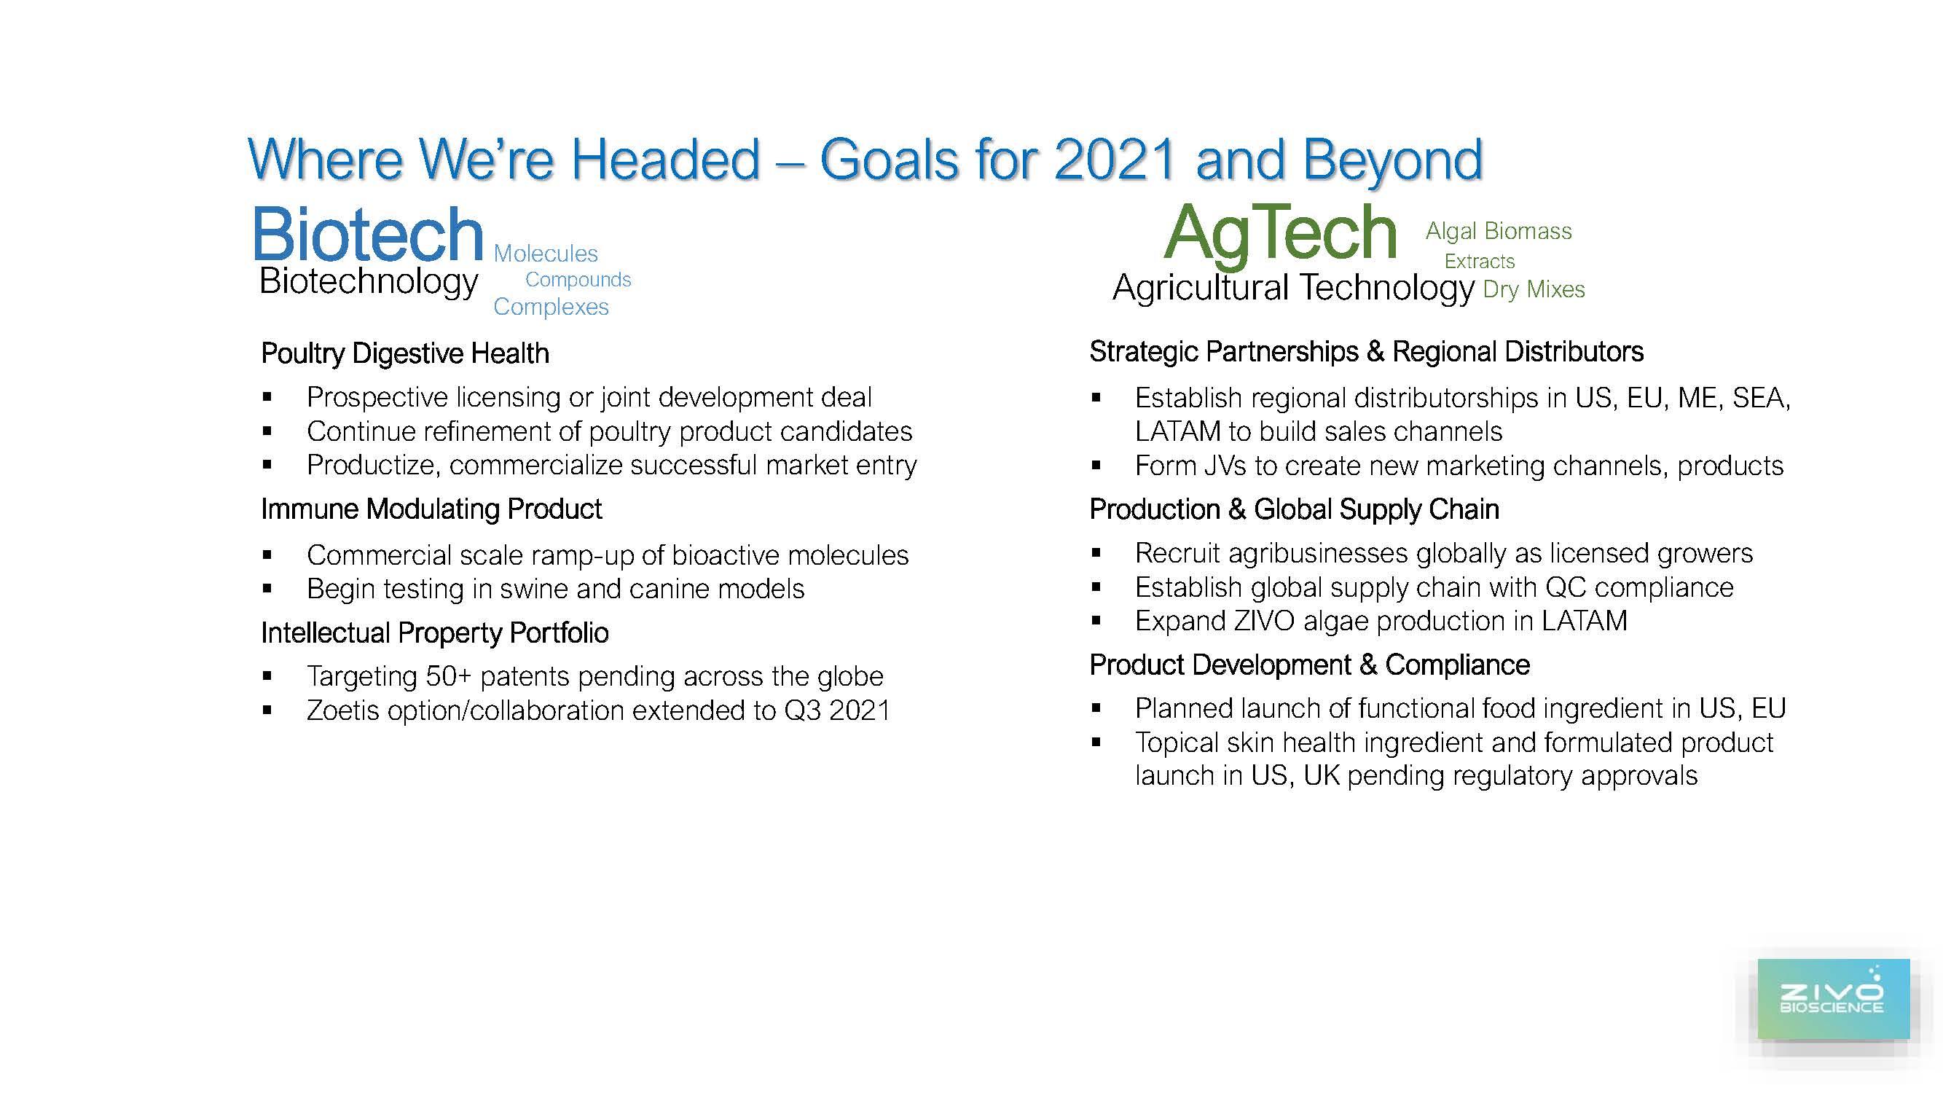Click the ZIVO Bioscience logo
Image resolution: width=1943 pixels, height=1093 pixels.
[x=1833, y=999]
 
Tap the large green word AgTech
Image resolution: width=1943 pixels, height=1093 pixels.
[x=1280, y=234]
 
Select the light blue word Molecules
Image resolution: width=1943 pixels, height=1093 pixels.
[x=546, y=254]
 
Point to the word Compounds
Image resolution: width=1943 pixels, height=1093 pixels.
[x=578, y=280]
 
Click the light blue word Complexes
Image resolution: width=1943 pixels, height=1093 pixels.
[x=551, y=307]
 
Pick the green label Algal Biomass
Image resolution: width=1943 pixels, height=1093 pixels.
[x=1499, y=231]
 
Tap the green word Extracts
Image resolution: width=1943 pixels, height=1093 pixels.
[x=1479, y=262]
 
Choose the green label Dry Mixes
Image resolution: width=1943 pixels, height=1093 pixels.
[x=1534, y=290]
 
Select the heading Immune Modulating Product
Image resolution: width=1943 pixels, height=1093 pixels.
[x=431, y=509]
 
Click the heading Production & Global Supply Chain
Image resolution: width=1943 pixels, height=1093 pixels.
[x=1295, y=510]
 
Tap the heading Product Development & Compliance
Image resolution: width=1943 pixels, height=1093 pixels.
[x=1309, y=665]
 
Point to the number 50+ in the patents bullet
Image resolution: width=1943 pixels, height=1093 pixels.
[x=449, y=677]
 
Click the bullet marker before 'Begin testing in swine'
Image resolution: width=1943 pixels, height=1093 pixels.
[x=267, y=589]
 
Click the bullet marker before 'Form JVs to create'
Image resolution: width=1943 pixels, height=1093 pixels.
[x=1096, y=466]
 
